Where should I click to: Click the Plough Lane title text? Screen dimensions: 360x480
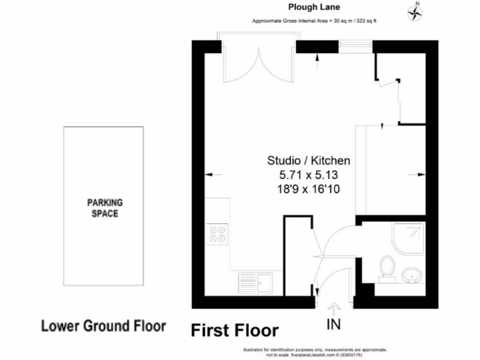coord(314,7)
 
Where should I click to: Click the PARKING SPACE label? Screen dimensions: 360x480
coord(105,208)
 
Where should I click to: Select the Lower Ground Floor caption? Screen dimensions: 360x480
coord(104,326)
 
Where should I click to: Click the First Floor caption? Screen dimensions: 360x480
coord(234,330)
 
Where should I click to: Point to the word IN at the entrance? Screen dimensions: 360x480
coord(334,324)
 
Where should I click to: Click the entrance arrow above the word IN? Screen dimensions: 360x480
coord(334,308)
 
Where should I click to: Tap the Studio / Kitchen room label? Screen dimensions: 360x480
coord(308,161)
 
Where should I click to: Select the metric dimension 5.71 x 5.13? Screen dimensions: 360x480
coord(308,175)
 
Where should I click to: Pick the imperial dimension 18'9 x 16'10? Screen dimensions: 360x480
coord(308,189)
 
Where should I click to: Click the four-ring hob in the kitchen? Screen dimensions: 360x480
coord(217,234)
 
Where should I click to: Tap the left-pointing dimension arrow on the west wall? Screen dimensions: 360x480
coord(213,174)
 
